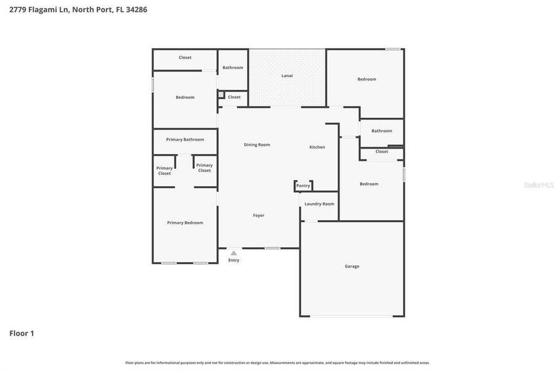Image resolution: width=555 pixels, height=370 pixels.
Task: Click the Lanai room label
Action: coord(287,76)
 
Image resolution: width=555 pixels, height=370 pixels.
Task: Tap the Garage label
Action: coord(352,266)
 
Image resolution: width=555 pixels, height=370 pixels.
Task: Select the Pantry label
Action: coord(303,186)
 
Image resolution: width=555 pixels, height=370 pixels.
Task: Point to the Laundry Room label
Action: coord(319,203)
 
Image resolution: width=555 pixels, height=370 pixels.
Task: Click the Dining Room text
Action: coord(257,145)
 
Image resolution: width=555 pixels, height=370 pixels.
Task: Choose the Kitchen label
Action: coord(317,147)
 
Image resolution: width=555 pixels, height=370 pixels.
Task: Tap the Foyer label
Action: coord(259,215)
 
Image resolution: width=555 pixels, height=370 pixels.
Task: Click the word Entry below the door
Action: coord(234,260)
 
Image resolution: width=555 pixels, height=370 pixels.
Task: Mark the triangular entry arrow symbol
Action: coord(233,252)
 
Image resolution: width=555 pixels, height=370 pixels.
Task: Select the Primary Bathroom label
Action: coord(185,139)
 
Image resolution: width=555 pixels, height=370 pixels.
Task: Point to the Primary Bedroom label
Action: coord(185,223)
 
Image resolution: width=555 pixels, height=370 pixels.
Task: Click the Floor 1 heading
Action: coord(22,334)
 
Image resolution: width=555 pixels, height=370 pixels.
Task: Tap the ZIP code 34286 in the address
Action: coord(136,10)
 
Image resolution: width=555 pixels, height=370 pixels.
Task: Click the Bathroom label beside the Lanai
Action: coord(233,68)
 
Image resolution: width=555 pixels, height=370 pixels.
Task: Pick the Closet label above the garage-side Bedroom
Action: coord(382,152)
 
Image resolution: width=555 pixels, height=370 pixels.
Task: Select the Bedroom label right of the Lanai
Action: coord(367,79)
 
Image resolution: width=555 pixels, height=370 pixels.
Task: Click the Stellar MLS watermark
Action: coord(538,185)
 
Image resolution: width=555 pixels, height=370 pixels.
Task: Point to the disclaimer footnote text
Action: coord(277,363)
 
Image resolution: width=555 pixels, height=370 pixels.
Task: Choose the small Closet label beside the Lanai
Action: coord(234,97)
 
